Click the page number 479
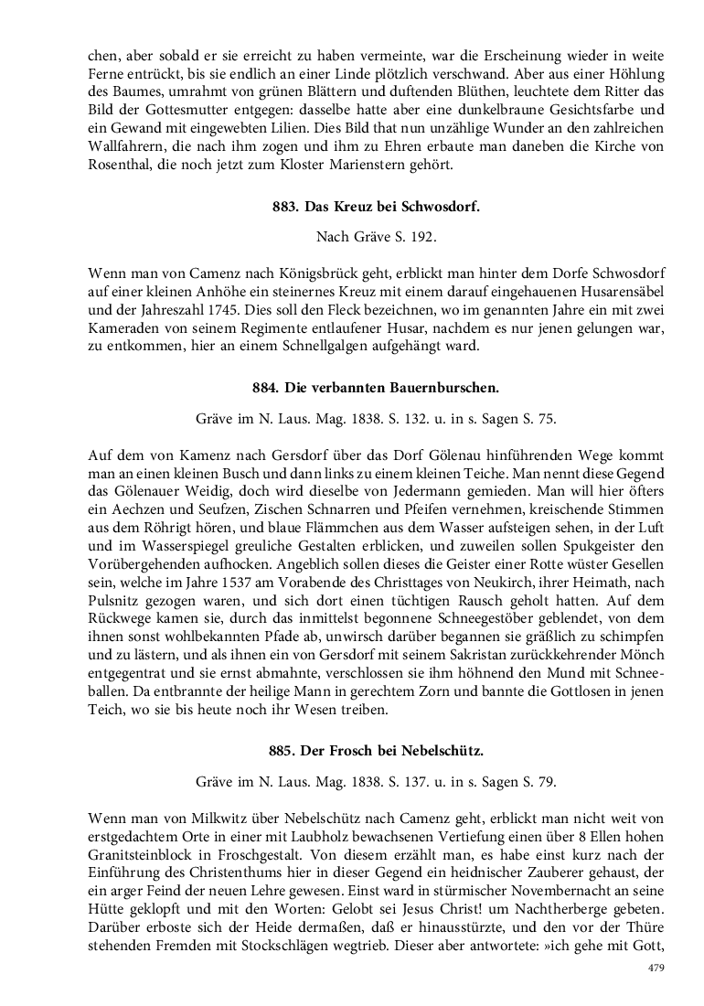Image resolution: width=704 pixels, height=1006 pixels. (x=655, y=968)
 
